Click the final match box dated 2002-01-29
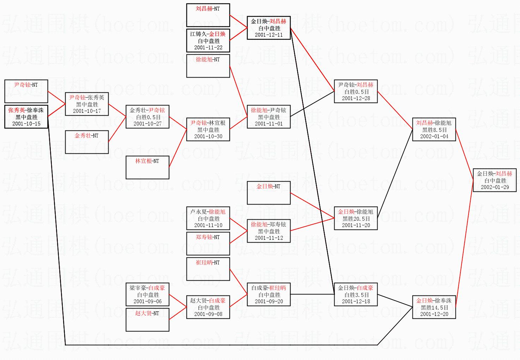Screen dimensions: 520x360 [x=494, y=180]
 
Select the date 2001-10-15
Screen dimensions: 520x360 [x=26, y=124]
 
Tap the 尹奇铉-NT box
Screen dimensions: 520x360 [x=26, y=91]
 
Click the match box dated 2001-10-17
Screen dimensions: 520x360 [x=87, y=104]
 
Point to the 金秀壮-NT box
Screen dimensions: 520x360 [x=87, y=142]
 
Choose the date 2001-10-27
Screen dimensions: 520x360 [x=147, y=124]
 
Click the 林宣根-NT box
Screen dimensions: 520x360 [x=147, y=167]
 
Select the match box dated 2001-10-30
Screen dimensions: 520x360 [x=208, y=129]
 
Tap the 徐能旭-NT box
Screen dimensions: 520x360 [x=208, y=66]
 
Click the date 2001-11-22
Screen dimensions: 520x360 [x=208, y=48]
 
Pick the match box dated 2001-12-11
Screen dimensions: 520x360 [x=269, y=28]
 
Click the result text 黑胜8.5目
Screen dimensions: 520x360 [x=434, y=130]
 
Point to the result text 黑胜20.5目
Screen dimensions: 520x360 [x=356, y=219]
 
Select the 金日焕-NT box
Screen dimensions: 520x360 [x=269, y=193]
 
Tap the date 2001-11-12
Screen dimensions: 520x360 [x=269, y=238]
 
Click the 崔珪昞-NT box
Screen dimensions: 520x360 [x=208, y=269]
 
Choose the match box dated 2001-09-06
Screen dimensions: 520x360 [x=147, y=294]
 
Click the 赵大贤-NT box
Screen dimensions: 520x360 [x=147, y=319]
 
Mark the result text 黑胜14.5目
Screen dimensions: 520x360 [x=434, y=307]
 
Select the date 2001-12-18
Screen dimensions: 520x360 [x=356, y=301]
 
